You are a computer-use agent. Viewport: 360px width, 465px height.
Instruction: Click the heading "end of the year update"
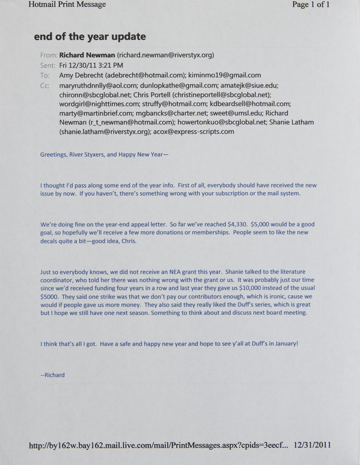pos(89,37)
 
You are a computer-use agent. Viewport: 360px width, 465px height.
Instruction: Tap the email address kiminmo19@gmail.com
pos(225,75)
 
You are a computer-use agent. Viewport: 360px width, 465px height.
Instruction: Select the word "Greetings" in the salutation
pos(53,155)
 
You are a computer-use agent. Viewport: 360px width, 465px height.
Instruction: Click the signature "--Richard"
pos(52,375)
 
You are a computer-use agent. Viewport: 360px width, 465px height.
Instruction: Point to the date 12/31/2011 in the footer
pos(312,445)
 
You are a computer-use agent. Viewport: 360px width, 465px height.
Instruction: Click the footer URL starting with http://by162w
pos(158,445)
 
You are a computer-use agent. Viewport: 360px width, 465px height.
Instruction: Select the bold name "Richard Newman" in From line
pos(87,55)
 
